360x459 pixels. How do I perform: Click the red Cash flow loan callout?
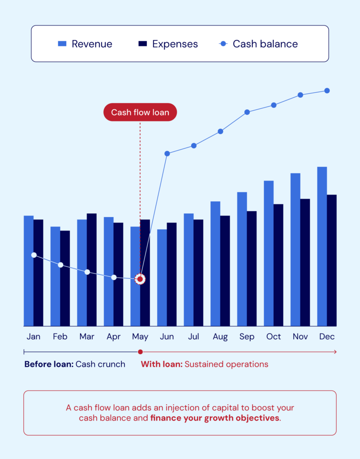140,112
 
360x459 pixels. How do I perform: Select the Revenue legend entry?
85,44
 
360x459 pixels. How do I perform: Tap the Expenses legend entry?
168,44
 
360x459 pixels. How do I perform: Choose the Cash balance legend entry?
258,44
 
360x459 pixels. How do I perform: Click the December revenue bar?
322,247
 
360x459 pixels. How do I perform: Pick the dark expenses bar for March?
92,269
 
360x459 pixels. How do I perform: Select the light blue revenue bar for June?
162,278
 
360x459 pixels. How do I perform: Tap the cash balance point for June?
167,153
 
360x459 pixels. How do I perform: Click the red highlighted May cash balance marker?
140,279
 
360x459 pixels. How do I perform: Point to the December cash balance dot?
327,91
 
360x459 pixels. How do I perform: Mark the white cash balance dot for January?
34,255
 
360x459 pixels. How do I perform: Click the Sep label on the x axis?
247,337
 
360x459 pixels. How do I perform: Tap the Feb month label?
60,337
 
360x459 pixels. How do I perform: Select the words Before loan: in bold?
49,364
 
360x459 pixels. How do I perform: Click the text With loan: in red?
162,364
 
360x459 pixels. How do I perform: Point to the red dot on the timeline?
140,352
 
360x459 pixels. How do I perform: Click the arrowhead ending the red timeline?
334,352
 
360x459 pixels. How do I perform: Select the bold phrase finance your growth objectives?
214,419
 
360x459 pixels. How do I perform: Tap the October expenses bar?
279,264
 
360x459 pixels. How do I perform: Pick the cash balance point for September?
247,112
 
